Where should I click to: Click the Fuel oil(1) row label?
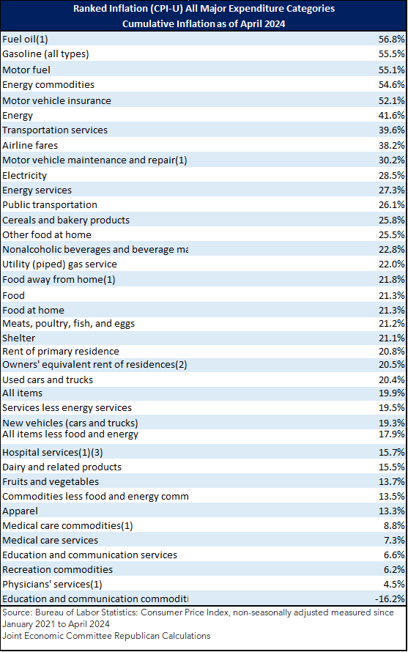25,39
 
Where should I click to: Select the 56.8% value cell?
391,39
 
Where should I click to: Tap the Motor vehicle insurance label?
56,100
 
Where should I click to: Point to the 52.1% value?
391,100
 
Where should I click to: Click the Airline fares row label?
30,145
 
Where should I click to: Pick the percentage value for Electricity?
391,175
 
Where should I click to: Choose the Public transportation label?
50,204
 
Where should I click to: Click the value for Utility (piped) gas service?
391,264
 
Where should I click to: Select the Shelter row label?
19,338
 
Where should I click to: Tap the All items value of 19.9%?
391,393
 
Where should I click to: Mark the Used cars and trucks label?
48,379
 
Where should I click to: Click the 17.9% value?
391,434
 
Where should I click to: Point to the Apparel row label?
20,511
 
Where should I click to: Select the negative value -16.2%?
390,599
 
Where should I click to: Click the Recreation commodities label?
57,569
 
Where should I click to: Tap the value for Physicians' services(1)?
394,584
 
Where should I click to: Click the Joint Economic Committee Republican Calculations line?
106,636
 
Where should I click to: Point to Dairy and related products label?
62,467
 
